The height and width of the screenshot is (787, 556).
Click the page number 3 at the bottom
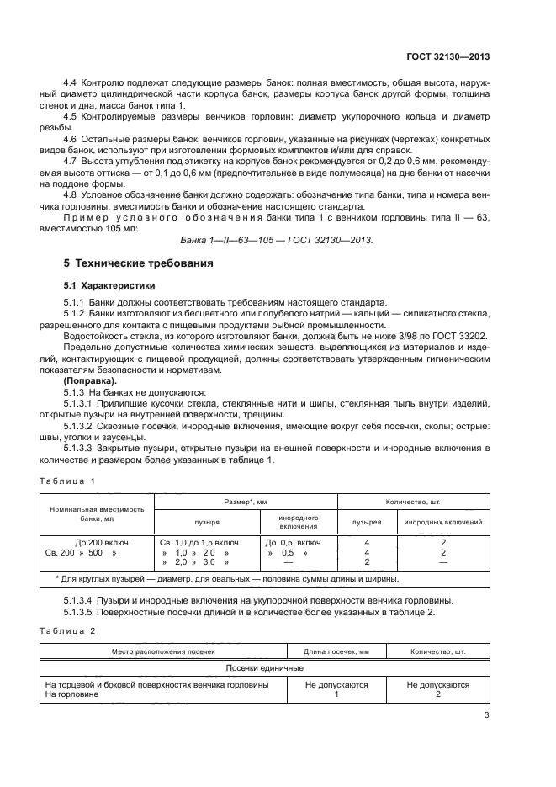pos(487,716)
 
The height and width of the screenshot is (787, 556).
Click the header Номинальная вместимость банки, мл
pos(97,514)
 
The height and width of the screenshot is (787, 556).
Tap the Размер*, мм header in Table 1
pos(246,501)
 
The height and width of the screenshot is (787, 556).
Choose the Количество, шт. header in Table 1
pos(413,501)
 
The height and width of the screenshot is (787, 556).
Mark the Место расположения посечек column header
pos(161,651)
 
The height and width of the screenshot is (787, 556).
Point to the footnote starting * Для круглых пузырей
pos(226,579)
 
